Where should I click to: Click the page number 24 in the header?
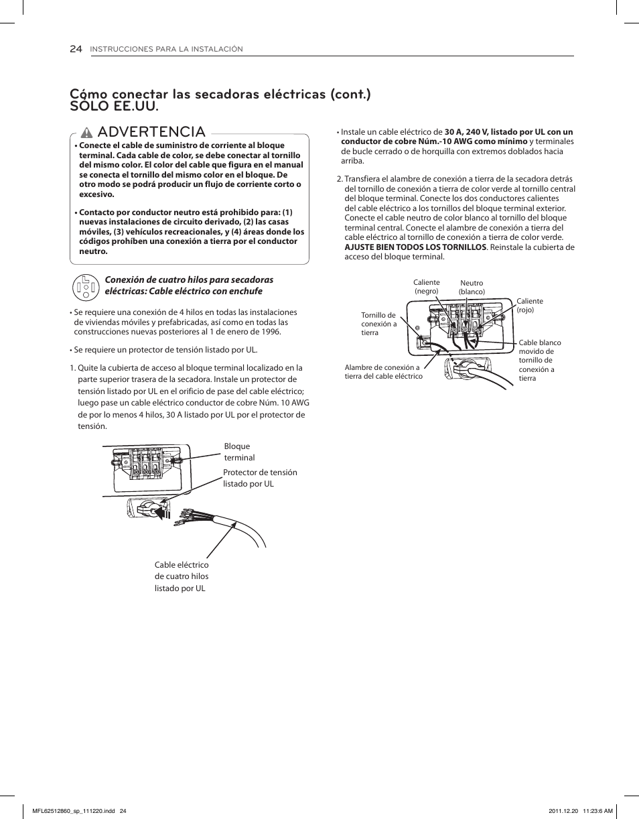[76, 49]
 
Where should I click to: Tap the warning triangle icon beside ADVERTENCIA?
[86, 132]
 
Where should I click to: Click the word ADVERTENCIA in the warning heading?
[151, 132]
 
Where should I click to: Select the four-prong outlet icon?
[85, 286]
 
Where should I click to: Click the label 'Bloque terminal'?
[238, 452]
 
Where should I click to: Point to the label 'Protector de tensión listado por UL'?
[259, 478]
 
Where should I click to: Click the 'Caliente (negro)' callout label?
[426, 287]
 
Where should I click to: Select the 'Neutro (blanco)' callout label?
[472, 288]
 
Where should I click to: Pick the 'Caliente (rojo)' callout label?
[529, 306]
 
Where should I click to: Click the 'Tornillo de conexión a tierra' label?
[378, 324]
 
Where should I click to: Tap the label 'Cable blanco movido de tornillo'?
[539, 360]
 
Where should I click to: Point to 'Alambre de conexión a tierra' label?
[383, 372]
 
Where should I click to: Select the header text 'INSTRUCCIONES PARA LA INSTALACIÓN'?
[166, 50]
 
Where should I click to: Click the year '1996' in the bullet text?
[269, 332]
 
